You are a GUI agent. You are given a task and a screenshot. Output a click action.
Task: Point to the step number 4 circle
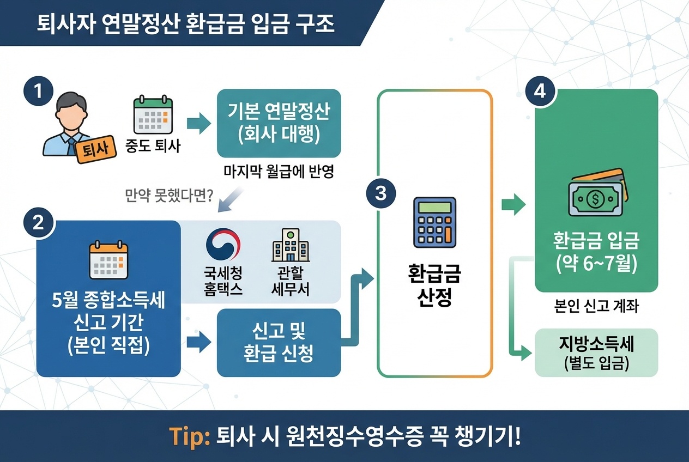coord(540,91)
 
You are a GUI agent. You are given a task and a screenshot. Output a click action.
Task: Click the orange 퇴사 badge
coord(95,149)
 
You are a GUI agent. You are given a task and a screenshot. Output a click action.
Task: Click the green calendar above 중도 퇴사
coord(153,116)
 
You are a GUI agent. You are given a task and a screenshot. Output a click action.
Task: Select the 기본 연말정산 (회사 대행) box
coord(279,123)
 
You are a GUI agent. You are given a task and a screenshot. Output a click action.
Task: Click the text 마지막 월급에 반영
coord(279,172)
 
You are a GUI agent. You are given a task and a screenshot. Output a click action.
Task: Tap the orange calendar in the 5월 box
coord(108,260)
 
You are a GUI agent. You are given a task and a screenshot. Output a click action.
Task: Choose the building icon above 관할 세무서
coord(290,245)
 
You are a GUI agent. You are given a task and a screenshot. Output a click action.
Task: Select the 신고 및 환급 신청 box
coord(279,343)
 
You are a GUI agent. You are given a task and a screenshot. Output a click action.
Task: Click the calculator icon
coord(434,222)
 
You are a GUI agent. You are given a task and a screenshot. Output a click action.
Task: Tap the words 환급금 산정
coord(434,287)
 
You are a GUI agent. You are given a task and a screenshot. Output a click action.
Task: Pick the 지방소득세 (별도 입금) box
coord(596,352)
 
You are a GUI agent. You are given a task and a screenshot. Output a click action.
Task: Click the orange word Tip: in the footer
coord(190,436)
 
